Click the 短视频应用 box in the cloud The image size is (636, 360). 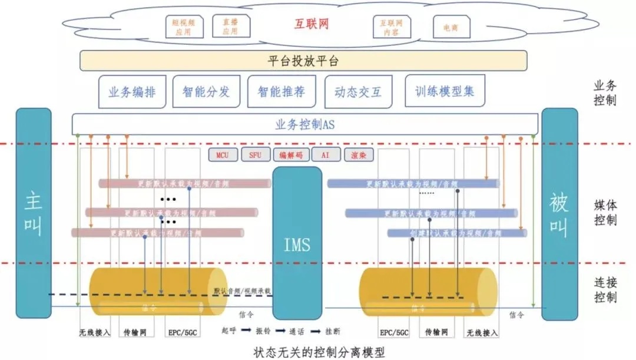click(183, 27)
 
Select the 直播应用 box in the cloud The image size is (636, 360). click(231, 27)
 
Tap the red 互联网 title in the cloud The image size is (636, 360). click(311, 24)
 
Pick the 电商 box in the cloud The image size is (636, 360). click(451, 27)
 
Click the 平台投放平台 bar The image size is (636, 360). click(303, 61)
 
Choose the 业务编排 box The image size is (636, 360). click(132, 92)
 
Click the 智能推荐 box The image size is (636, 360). click(281, 92)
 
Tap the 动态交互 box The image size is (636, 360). click(358, 92)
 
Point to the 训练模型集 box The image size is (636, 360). click(445, 91)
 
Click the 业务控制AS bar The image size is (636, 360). click(305, 124)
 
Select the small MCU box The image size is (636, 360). click(223, 155)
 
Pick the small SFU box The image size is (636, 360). click(255, 155)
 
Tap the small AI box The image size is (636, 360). click(324, 155)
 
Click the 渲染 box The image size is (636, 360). click(359, 155)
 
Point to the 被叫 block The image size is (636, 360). click(559, 213)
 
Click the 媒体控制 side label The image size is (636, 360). click(605, 213)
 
